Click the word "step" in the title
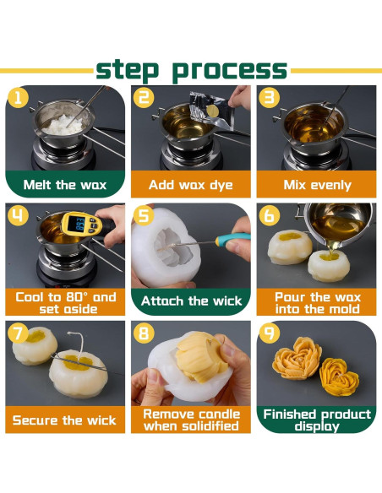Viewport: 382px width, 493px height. coord(127,69)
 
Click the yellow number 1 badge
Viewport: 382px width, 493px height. coord(18,97)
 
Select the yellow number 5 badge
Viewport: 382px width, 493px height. coord(144,215)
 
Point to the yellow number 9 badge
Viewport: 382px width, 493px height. coord(270,333)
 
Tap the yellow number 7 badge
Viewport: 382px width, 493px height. coord(18,333)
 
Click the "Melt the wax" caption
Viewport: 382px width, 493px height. coord(65,185)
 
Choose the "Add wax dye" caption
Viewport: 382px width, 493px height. coord(191,185)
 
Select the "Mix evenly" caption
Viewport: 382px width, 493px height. coord(317,185)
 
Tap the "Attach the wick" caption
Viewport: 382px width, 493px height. coord(191,301)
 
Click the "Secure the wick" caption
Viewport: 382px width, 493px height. coord(64,420)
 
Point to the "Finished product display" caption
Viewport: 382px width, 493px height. coord(317,420)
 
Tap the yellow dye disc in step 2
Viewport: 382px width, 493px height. coord(212,111)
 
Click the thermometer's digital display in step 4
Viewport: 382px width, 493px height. coord(76,223)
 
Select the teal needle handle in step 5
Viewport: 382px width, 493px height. coord(233,239)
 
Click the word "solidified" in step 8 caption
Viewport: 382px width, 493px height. coord(210,426)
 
